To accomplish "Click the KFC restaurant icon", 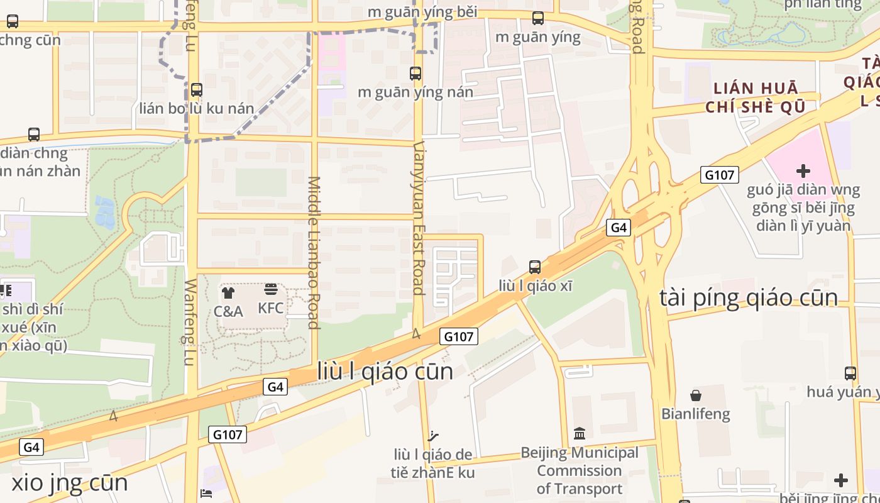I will (x=270, y=289).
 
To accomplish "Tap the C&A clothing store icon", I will (x=228, y=292).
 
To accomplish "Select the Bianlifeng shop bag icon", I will (x=695, y=395).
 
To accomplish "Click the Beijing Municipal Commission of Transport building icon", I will (x=580, y=434).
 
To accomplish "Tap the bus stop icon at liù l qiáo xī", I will (x=534, y=267).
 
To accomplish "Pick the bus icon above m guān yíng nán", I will (x=415, y=74).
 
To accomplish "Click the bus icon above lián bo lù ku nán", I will (x=197, y=90).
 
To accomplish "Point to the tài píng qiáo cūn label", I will (x=748, y=298).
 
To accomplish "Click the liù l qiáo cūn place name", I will (x=385, y=371).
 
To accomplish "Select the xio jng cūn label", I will (x=70, y=483).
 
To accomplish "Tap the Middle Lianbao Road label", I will (x=314, y=252).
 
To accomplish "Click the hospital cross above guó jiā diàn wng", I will (x=803, y=170).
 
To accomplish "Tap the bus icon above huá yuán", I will (x=850, y=373).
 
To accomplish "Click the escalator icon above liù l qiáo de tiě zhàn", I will (x=432, y=436).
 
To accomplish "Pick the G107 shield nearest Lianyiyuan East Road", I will (x=458, y=336).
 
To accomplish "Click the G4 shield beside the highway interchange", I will (x=619, y=228).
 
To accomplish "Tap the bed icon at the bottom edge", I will (x=206, y=494).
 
